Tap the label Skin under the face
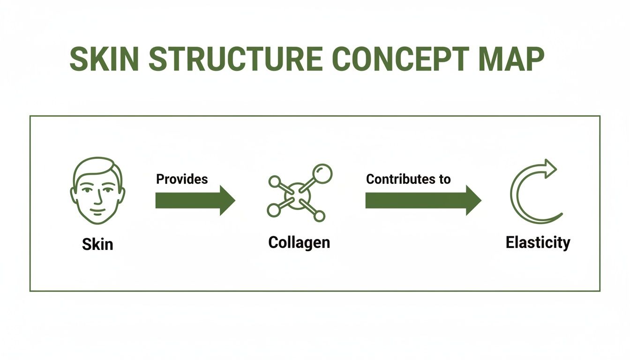pyautogui.click(x=97, y=244)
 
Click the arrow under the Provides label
pyautogui.click(x=195, y=200)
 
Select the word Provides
pyautogui.click(x=182, y=179)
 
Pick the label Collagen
pyautogui.click(x=299, y=242)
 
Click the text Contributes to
pyautogui.click(x=408, y=179)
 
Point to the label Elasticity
pyautogui.click(x=538, y=242)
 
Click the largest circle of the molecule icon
pyautogui.click(x=322, y=173)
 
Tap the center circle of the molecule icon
pyautogui.click(x=297, y=196)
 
